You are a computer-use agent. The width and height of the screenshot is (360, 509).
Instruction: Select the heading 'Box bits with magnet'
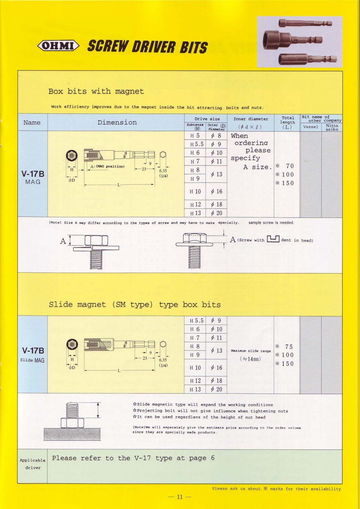96,91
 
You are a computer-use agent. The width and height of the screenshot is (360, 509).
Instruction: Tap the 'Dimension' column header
117,122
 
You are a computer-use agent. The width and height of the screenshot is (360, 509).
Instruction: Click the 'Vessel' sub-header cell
310,127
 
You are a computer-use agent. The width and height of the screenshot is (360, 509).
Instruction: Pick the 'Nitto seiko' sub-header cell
332,127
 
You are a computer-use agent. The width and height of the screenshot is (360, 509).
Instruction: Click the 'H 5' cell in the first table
195,135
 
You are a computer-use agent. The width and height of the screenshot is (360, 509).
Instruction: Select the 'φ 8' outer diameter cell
216,135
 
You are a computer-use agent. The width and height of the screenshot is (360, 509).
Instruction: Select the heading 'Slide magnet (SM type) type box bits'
135,304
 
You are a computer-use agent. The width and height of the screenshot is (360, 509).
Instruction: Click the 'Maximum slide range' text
251,351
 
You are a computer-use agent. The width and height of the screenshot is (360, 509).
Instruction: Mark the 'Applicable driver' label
33,464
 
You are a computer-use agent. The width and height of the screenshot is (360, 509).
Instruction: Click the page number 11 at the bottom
179,497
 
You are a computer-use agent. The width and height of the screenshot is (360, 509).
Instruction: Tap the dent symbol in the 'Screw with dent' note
273,239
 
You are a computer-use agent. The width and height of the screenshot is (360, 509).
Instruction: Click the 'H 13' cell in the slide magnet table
195,389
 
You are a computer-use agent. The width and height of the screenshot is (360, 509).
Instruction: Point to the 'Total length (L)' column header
287,122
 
